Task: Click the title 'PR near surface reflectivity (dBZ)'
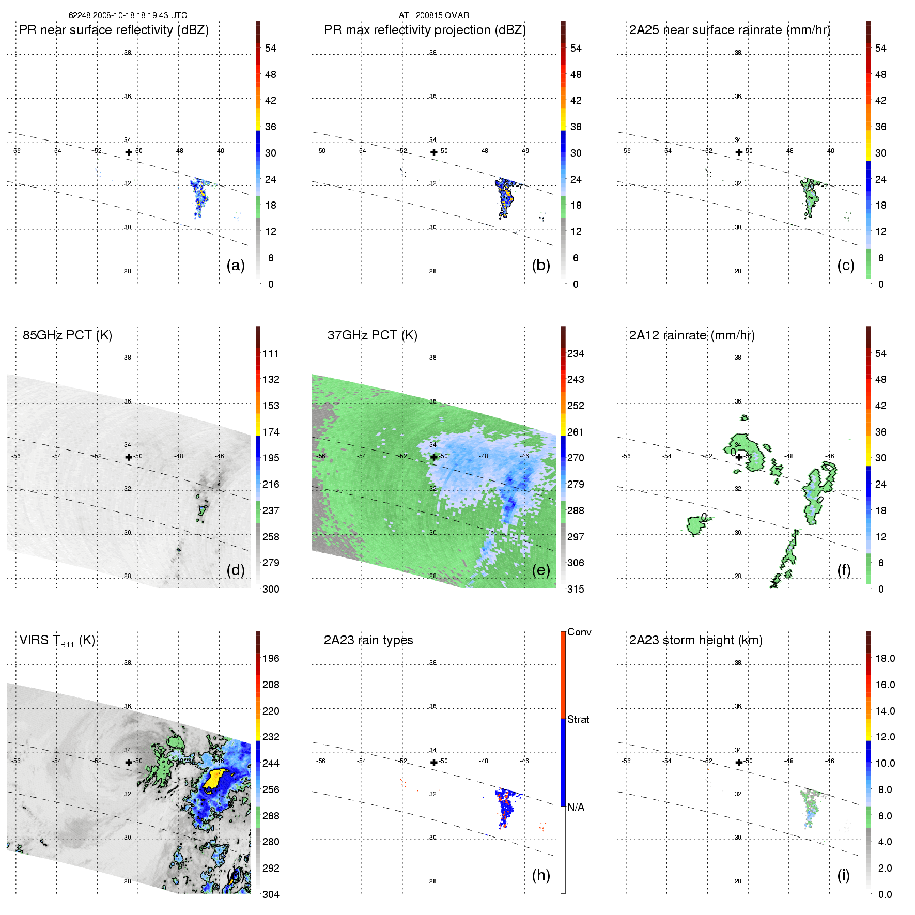(114, 30)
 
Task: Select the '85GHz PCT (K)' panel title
(67, 335)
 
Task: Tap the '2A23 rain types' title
(368, 640)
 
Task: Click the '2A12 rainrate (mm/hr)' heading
(692, 335)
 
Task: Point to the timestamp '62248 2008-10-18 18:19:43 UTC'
(128, 15)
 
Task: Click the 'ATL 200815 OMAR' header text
(434, 15)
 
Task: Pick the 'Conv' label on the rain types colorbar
(579, 632)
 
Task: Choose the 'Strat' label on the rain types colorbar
(578, 719)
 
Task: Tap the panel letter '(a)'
(236, 265)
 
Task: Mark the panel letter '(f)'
(844, 570)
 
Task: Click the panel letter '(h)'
(540, 875)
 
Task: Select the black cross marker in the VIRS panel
(129, 762)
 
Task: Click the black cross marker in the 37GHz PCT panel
(434, 457)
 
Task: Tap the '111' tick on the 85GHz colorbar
(271, 354)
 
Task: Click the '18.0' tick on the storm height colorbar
(885, 658)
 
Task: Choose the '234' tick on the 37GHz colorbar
(576, 354)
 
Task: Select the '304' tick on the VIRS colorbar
(271, 894)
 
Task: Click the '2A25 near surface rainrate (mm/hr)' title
(730, 30)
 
